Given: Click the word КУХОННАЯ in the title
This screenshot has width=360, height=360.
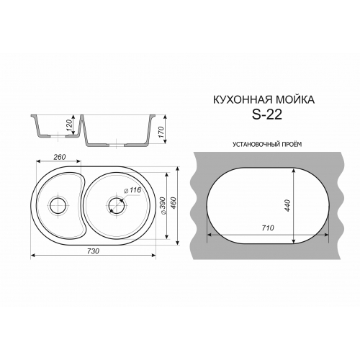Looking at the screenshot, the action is coord(242,99).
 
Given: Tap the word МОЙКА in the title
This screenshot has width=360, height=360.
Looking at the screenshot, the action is coord(294,99).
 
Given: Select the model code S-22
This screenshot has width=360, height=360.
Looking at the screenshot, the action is coord(266,115).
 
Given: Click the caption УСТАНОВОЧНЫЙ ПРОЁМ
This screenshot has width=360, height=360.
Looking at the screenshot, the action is coord(266,144).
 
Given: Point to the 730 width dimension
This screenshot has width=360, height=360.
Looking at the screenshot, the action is coord(93,251).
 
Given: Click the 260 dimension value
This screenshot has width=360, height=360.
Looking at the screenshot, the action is coord(59,157).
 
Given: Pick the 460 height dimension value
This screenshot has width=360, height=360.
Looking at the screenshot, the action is coord(174,204).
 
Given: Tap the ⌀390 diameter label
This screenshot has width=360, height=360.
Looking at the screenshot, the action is coord(163,206).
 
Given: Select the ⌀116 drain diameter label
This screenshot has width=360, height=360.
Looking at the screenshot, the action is coord(132,191).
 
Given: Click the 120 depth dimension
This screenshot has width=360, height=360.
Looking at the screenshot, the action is coord(69,126).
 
